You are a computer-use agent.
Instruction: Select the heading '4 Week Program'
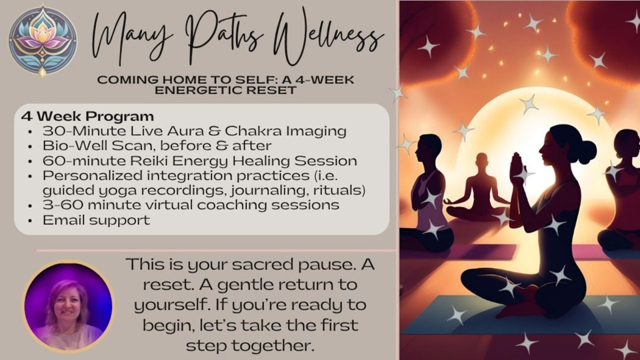point(87,116)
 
